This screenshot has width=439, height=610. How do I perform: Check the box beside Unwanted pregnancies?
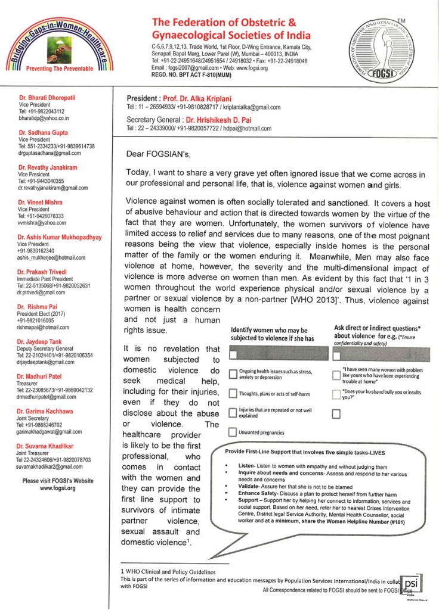point(233,431)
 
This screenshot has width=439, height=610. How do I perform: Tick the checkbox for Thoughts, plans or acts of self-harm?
point(233,394)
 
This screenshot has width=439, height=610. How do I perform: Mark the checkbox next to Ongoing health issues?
point(233,374)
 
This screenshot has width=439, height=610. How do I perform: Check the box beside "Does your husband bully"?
point(336,394)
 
